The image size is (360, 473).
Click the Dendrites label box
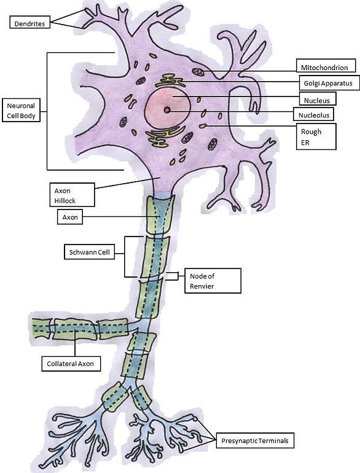click(x=29, y=24)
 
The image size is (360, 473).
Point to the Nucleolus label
click(x=315, y=115)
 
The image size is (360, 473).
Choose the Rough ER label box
click(x=316, y=137)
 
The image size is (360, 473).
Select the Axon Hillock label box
click(x=72, y=195)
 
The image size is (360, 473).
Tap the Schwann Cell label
click(x=89, y=252)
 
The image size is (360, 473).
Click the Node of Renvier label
click(x=209, y=280)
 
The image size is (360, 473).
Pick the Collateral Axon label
click(x=71, y=364)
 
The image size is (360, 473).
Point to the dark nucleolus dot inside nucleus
click(x=166, y=110)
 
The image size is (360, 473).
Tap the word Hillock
click(x=66, y=201)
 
